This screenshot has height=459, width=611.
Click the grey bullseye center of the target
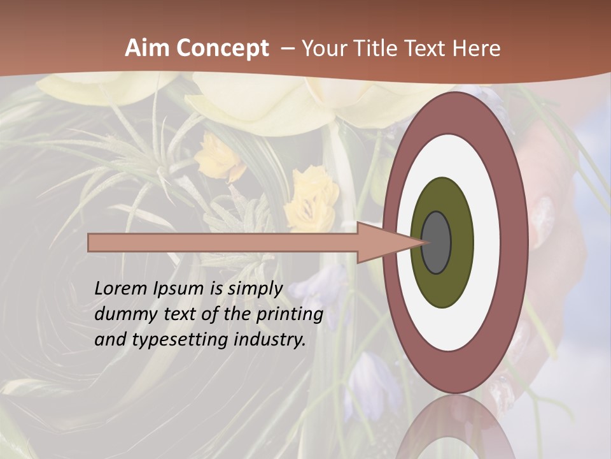(x=436, y=243)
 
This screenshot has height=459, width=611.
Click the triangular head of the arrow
(x=388, y=243)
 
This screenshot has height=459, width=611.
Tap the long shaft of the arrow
(x=223, y=243)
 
